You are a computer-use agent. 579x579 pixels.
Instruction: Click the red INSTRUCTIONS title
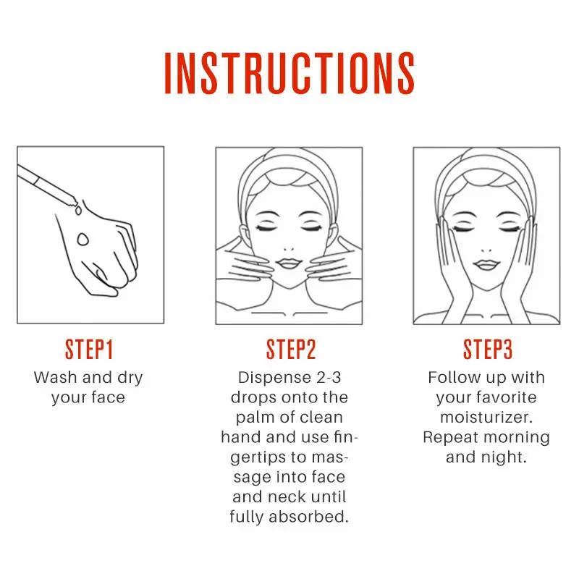289,73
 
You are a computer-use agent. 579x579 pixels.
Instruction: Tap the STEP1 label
88,350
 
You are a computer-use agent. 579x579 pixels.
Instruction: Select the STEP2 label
291,350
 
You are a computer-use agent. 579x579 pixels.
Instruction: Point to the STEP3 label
488,350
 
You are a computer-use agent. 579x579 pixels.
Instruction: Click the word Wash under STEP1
56,377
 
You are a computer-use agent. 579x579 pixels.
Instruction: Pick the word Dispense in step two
274,378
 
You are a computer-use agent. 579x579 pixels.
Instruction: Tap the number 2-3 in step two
329,377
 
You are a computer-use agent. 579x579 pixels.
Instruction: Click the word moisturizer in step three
486,418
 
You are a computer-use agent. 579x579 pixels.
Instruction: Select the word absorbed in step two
308,517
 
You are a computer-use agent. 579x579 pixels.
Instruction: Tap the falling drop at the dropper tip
77,210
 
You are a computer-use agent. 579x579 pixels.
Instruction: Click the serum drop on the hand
83,240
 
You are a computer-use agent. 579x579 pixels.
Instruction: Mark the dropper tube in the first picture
47,185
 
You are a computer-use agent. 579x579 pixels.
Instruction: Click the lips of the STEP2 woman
289,263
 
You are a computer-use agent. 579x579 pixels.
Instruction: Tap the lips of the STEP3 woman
486,264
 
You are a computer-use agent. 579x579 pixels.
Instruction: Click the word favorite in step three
506,397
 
